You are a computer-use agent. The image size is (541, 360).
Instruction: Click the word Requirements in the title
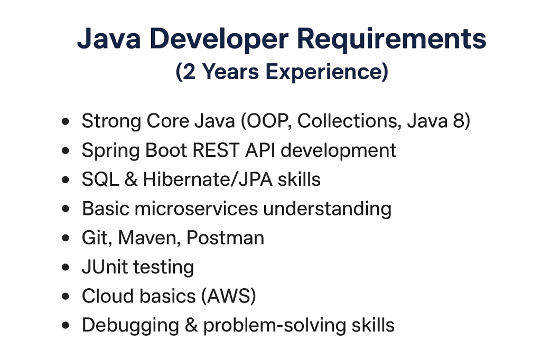click(391, 39)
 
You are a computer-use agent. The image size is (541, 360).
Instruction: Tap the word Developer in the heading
click(219, 39)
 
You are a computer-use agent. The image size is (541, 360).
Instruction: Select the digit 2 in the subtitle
click(189, 72)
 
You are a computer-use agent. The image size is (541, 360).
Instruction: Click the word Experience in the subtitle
click(327, 72)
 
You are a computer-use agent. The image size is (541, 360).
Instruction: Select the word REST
click(216, 150)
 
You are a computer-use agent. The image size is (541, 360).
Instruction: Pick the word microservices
click(196, 209)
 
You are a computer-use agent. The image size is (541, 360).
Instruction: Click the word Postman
click(225, 238)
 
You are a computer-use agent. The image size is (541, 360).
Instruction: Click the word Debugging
click(130, 326)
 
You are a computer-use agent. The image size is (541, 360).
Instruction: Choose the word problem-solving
click(275, 326)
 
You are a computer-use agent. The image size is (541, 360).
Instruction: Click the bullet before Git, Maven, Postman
click(65, 238)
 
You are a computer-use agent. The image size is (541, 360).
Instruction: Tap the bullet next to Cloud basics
click(65, 296)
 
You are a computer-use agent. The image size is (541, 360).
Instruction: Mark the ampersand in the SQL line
click(131, 179)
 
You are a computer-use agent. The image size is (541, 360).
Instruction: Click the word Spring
click(110, 151)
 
